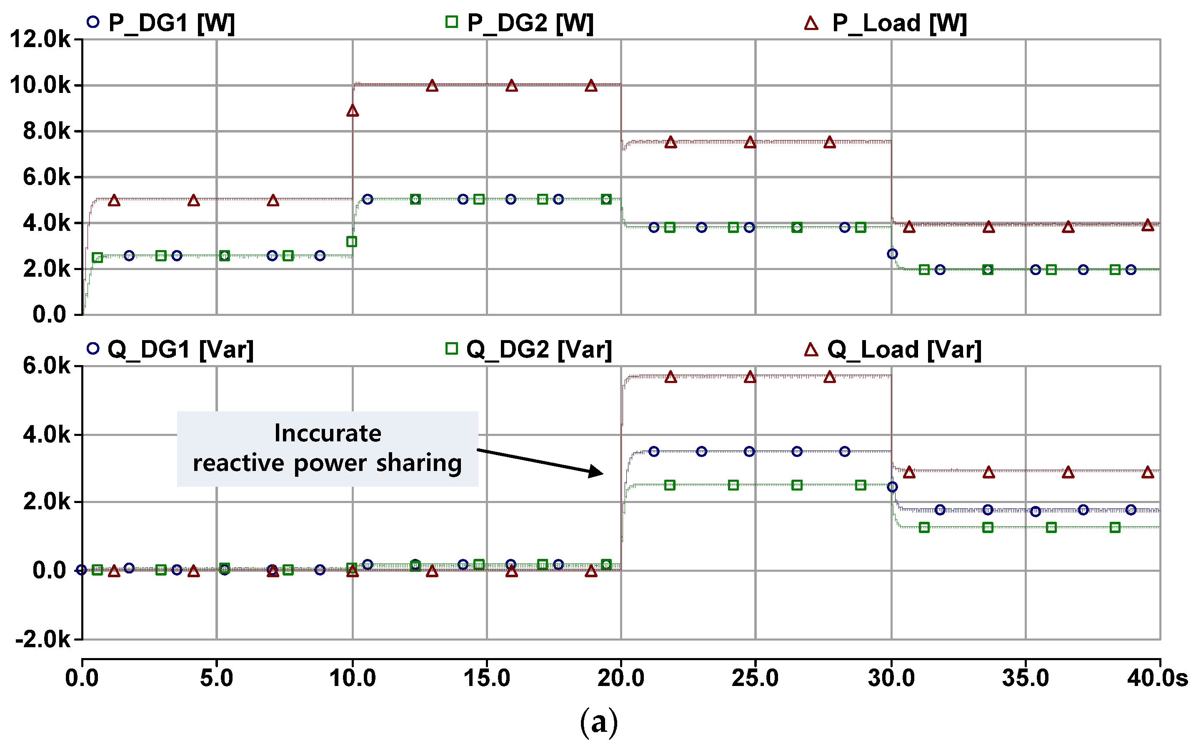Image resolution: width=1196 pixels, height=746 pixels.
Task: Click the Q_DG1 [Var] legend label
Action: (x=180, y=349)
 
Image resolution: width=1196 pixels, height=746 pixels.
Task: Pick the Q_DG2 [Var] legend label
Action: (x=538, y=349)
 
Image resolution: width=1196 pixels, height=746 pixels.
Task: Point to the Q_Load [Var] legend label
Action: (x=904, y=349)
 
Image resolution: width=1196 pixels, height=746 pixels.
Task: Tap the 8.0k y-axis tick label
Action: (x=46, y=131)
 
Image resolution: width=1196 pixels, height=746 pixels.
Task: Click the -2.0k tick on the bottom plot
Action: (x=43, y=639)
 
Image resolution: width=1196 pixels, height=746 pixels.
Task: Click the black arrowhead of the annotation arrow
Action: (x=597, y=472)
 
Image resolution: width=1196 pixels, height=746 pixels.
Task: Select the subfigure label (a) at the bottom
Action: (x=598, y=722)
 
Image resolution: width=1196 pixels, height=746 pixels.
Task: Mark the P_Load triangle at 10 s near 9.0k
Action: (x=352, y=111)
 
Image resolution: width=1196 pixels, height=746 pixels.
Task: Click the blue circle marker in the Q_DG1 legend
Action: (x=93, y=348)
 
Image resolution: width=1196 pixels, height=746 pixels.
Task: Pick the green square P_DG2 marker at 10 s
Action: (x=351, y=242)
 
